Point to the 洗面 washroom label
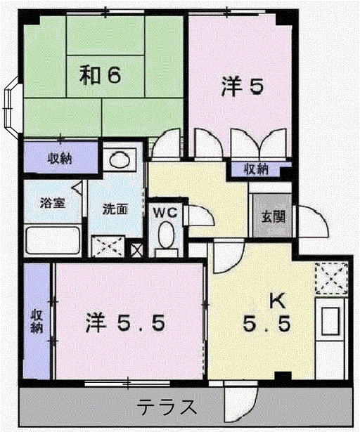point(115,209)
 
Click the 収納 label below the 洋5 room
point(256,169)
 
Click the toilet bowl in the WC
point(167,235)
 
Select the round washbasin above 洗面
point(118,159)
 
